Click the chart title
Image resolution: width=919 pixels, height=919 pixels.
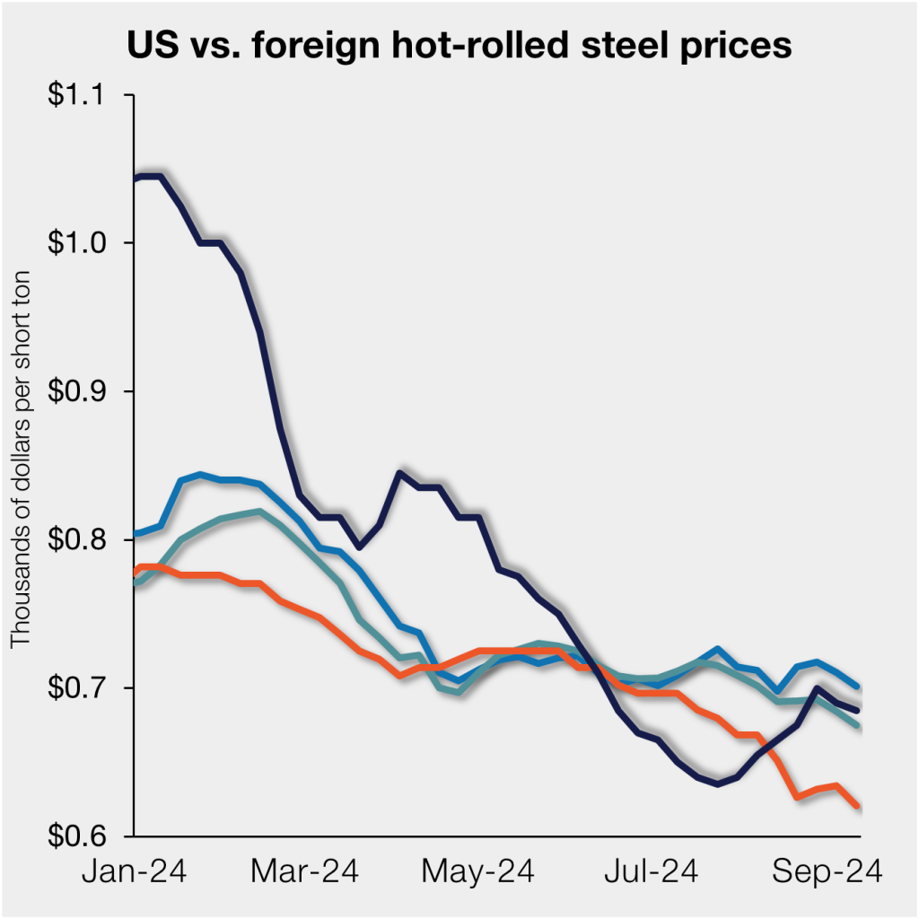point(459,44)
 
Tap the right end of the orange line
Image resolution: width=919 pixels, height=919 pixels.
point(858,806)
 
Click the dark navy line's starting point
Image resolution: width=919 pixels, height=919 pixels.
point(135,179)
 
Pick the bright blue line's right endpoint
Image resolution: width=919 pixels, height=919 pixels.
point(858,687)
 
